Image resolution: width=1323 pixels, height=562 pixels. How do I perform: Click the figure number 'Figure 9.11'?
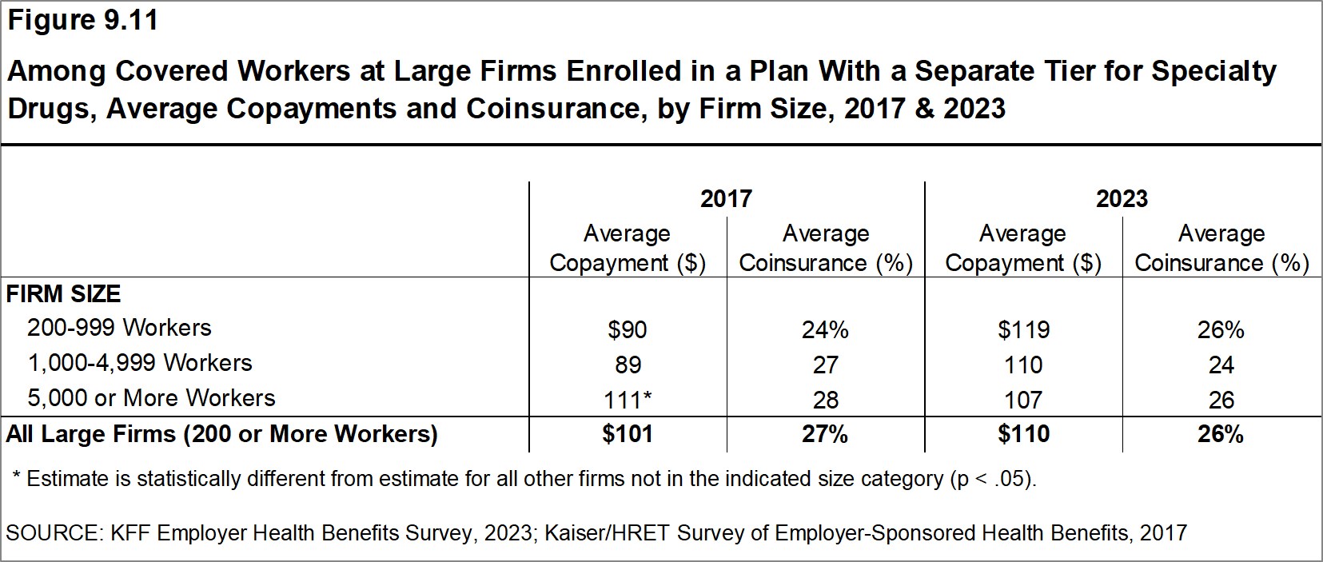coord(82,20)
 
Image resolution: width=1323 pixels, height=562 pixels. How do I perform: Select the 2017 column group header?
coord(727,198)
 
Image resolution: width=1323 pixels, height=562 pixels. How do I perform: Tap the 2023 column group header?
coord(1122,198)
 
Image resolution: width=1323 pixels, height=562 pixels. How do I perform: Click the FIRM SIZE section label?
coord(63,293)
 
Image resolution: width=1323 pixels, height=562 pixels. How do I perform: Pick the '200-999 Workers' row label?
coord(119,328)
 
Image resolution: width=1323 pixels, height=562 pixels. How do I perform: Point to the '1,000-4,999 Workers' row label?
coord(140,363)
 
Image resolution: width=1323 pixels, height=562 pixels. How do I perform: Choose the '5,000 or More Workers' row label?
coord(151,397)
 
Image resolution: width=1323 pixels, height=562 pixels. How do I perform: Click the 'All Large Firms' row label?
coord(221,434)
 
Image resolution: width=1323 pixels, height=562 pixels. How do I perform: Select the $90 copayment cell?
coord(628,329)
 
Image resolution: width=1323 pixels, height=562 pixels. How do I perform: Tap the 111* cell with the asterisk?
coord(628,400)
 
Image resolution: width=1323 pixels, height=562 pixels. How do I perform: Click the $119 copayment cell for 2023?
coord(1023,329)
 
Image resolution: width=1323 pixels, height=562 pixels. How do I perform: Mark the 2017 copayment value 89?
coord(628,365)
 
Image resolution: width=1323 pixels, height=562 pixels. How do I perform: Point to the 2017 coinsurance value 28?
coord(826,400)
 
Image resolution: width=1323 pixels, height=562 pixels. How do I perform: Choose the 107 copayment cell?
coord(1023,400)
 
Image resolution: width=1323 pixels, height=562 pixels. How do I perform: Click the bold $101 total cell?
coord(628,434)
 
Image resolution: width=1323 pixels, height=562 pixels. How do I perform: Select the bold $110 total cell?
coord(1023,434)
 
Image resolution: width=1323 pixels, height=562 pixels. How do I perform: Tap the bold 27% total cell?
coord(825,434)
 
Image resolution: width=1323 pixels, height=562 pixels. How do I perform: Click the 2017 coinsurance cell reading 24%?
coord(825,329)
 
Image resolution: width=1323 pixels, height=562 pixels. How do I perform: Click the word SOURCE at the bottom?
coord(54,533)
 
